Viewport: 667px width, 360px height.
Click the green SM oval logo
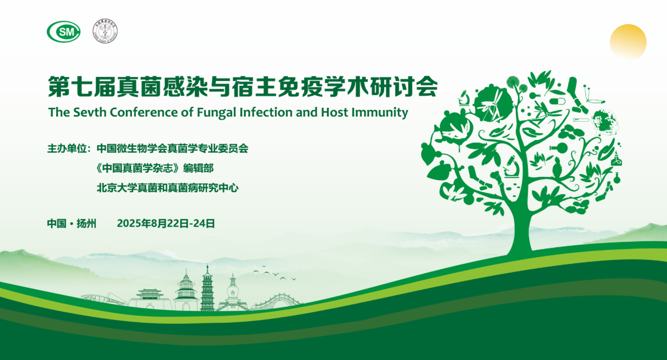(64, 31)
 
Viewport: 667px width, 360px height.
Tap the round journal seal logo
(105, 31)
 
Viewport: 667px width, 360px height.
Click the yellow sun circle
(628, 42)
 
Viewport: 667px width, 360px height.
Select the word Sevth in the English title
(90, 112)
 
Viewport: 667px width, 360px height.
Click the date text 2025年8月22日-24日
(166, 223)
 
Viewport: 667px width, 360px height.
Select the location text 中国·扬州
(71, 223)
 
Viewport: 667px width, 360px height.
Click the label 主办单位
(67, 148)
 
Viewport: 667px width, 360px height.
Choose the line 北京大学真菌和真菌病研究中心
(168, 188)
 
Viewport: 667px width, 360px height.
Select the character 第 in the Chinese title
(59, 87)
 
